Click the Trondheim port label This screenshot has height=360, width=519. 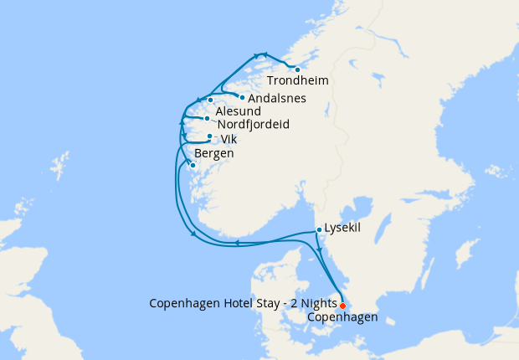[297, 81]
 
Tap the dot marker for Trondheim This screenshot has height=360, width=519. [297, 69]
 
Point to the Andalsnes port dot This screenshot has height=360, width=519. [242, 97]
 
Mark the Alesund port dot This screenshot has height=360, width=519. [211, 100]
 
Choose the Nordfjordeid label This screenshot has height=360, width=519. [253, 125]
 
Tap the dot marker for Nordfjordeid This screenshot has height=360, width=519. [207, 119]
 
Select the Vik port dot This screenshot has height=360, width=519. [209, 136]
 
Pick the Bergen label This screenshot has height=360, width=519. [213, 153]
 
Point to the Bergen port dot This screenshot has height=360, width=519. [193, 166]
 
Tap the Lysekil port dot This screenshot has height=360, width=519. [319, 229]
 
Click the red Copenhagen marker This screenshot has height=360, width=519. [342, 306]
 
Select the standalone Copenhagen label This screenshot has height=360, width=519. [342, 317]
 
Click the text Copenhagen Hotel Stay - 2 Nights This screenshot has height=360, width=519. [242, 304]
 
